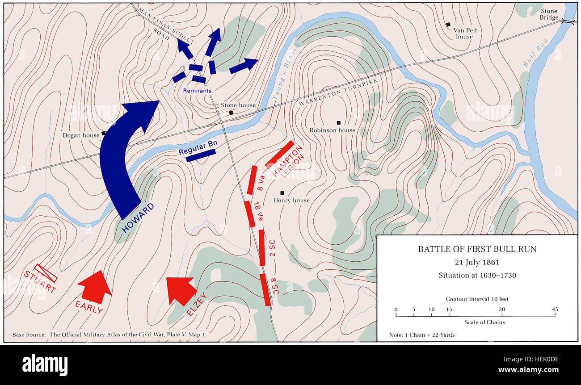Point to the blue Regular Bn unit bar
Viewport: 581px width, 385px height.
[201, 155]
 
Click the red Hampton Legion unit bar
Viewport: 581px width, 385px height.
[280, 154]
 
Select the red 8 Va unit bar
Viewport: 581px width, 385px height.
[253, 180]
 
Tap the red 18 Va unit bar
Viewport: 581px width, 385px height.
[249, 213]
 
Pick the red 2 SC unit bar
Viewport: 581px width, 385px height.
[262, 247]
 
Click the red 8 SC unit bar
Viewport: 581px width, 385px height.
[265, 289]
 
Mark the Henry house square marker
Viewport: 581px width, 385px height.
[282, 193]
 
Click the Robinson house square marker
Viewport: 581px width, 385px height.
[339, 122]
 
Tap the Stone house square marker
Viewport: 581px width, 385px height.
[231, 113]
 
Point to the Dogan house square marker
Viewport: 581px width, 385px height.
[103, 133]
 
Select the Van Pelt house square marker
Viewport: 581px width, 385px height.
[447, 24]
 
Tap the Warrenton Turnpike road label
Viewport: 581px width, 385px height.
[338, 92]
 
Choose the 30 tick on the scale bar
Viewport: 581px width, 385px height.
[502, 315]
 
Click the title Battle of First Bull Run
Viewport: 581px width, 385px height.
[477, 249]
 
